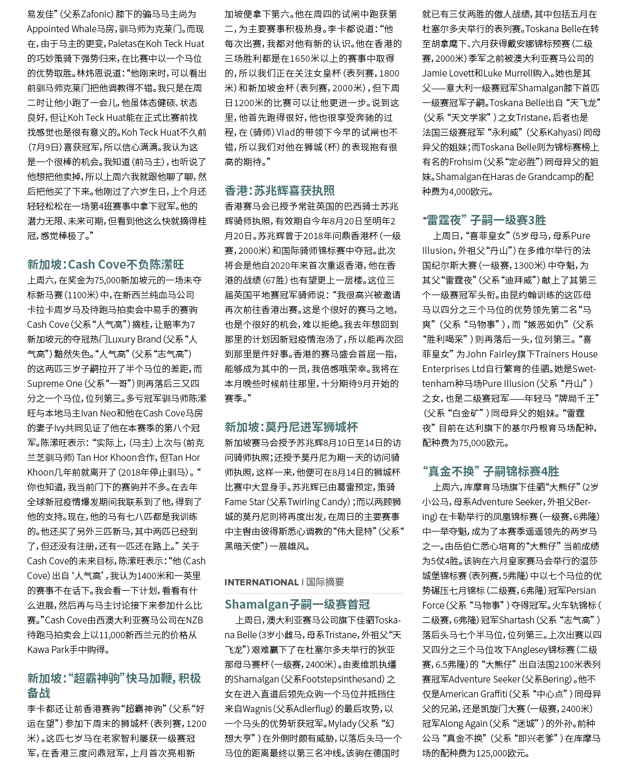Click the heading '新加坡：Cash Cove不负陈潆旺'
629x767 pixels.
click(106, 264)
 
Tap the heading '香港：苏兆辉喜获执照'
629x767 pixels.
click(279, 190)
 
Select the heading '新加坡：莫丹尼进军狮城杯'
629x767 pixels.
click(291, 427)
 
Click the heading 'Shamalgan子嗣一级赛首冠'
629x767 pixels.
click(297, 604)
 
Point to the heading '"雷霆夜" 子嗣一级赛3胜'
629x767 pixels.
click(484, 220)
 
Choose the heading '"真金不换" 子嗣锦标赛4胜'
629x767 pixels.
click(490, 471)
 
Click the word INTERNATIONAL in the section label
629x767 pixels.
click(261, 582)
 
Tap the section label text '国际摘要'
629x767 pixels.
click(325, 582)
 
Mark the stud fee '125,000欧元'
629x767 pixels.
click(502, 753)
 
